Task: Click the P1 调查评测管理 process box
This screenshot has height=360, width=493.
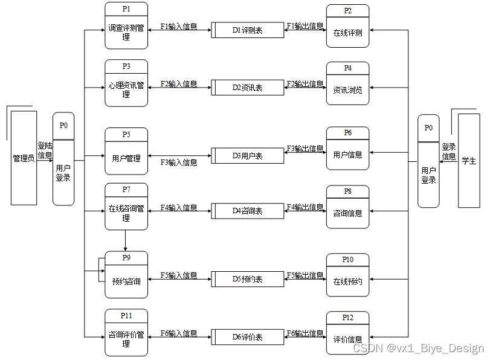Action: [126, 26]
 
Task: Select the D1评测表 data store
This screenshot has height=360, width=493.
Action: [248, 30]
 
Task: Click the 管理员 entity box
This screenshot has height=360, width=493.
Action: [24, 158]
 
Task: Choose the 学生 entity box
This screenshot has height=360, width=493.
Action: [469, 161]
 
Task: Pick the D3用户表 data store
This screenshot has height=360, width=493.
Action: [248, 155]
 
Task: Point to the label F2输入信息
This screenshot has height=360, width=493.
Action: [179, 84]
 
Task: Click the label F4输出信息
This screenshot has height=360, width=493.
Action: [305, 207]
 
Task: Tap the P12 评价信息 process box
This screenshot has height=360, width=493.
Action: [347, 333]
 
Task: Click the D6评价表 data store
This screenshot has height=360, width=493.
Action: [248, 337]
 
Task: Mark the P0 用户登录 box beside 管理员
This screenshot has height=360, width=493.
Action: [63, 159]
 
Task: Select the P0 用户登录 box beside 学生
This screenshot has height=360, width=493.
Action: [428, 161]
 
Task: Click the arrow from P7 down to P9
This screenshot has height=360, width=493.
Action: [125, 240]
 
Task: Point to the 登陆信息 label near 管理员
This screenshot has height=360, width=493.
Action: [45, 150]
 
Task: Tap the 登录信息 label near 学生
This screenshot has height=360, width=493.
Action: [448, 152]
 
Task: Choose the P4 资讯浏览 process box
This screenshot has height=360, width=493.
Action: [347, 83]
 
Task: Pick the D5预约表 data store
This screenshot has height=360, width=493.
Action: [248, 279]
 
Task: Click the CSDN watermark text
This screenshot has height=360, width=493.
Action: [418, 349]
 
